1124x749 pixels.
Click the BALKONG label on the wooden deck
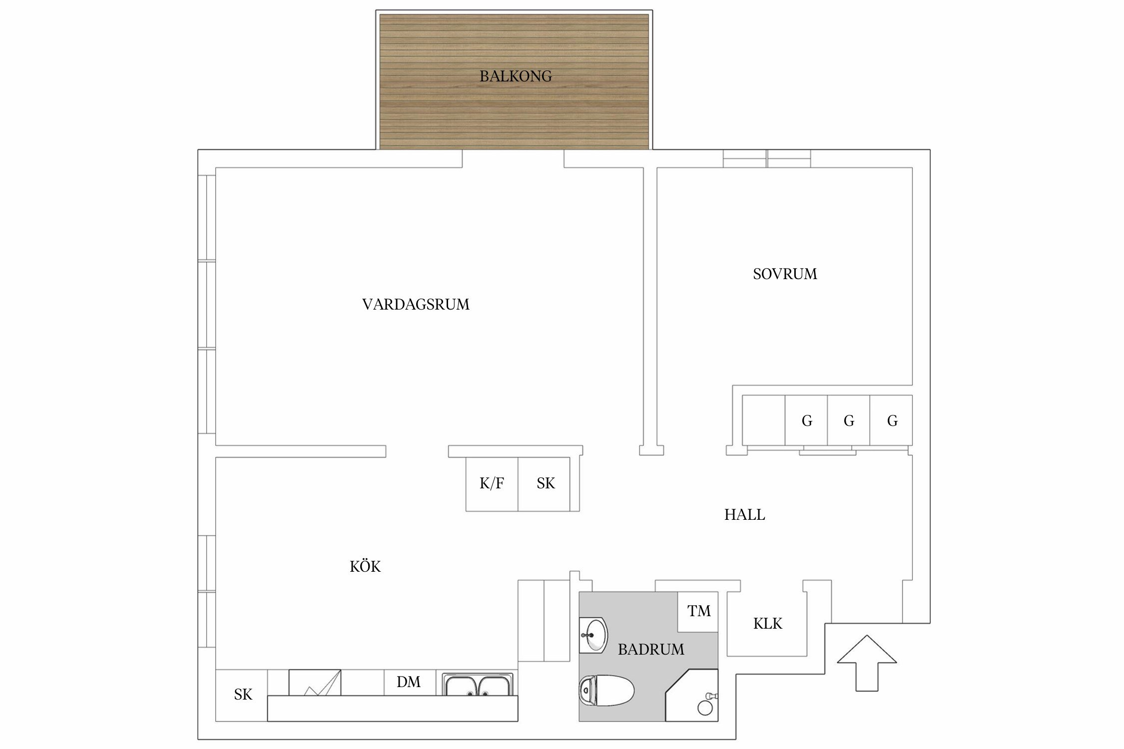(x=516, y=76)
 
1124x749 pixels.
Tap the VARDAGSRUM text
(x=416, y=305)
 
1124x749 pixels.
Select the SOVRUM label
(x=785, y=274)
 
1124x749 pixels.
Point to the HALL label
(x=744, y=515)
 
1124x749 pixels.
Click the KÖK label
(x=365, y=567)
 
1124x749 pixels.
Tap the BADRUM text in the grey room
(x=651, y=650)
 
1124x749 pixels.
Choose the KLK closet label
(x=767, y=624)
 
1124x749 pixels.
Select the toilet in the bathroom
(x=606, y=691)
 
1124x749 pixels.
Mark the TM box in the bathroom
(x=698, y=612)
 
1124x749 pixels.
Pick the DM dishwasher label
(x=409, y=682)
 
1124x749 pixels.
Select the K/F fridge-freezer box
(x=492, y=483)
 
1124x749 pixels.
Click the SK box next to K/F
(x=545, y=483)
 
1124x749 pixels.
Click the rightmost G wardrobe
(x=892, y=421)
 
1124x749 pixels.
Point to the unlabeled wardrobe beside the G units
(x=763, y=420)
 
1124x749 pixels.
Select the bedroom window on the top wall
(x=767, y=158)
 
